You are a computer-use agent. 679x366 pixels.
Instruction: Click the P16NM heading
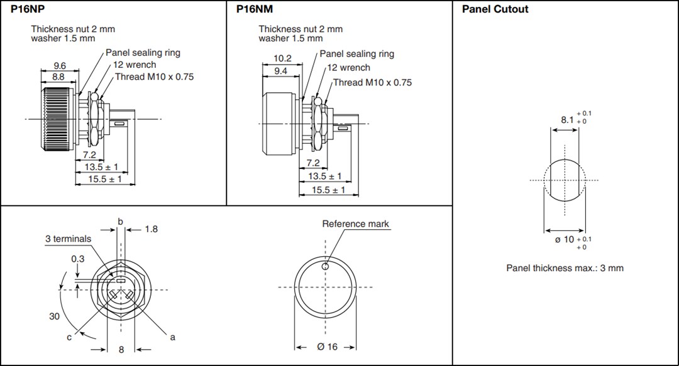(255, 9)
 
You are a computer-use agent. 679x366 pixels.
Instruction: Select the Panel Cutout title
(495, 9)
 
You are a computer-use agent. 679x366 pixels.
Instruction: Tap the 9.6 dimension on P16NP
(60, 65)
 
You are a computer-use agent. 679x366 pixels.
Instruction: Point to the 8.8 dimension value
(58, 77)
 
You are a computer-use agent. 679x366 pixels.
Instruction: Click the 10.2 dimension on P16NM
(283, 58)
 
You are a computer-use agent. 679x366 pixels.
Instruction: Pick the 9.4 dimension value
(281, 71)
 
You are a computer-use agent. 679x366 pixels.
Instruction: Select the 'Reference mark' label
(355, 224)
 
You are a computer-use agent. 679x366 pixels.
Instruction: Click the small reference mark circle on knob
(325, 266)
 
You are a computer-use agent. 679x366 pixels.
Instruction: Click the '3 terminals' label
(68, 239)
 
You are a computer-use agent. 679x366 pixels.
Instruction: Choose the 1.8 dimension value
(151, 229)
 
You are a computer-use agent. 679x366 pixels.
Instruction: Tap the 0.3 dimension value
(78, 259)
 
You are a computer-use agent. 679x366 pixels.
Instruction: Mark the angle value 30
(55, 316)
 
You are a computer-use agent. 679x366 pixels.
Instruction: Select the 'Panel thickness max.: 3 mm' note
(565, 268)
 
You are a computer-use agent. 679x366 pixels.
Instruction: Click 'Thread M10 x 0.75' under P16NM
(372, 82)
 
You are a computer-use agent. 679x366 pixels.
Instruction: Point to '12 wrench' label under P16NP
(135, 65)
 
